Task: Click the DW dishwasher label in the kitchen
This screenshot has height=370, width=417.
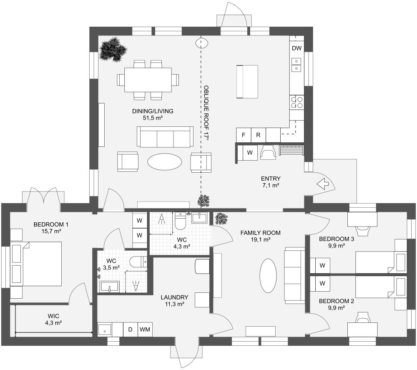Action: click(296, 48)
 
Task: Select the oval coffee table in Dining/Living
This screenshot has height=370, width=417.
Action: click(165, 162)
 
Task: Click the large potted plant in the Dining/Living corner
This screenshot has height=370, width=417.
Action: click(113, 50)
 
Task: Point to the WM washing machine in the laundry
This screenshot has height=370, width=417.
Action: click(145, 330)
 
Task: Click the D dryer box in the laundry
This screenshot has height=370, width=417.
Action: click(131, 330)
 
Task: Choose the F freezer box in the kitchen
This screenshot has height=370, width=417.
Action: click(243, 135)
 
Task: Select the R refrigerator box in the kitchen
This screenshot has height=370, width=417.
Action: click(258, 135)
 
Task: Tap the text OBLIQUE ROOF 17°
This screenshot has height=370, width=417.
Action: click(206, 112)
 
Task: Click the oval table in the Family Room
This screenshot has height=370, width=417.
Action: click(268, 275)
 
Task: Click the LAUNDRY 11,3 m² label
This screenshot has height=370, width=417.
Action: click(174, 300)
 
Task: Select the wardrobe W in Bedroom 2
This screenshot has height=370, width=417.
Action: click(322, 283)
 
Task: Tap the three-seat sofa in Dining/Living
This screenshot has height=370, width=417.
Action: click(165, 137)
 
